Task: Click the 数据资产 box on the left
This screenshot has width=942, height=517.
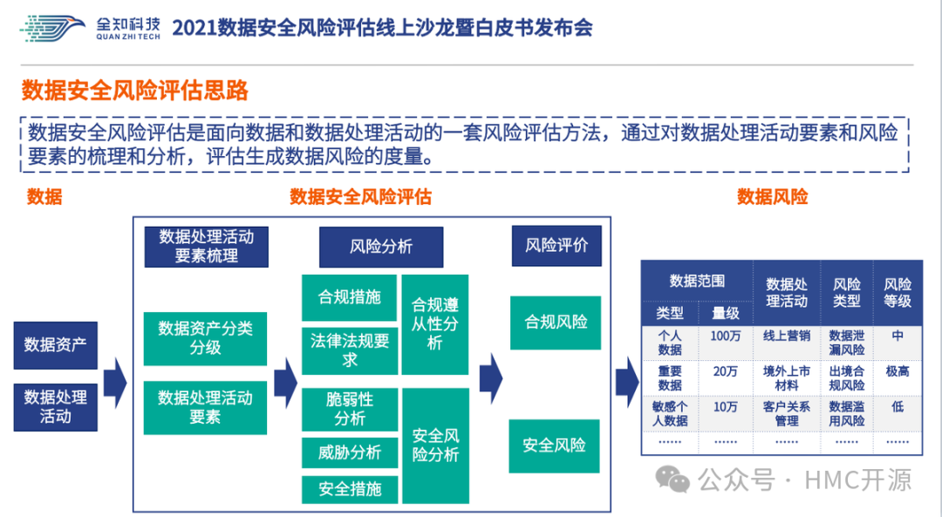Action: (x=55, y=344)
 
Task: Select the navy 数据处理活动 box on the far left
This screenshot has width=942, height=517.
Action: (x=55, y=406)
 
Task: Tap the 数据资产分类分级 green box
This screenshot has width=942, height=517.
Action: (x=205, y=338)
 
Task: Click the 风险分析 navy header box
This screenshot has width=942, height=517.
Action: (x=380, y=247)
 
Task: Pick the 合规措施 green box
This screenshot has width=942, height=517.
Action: (x=349, y=297)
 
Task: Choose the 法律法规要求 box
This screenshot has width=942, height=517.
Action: (x=349, y=350)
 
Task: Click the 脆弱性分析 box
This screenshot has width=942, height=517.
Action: (x=349, y=409)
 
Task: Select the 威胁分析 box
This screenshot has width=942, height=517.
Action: (x=349, y=452)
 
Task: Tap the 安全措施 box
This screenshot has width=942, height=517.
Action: (x=349, y=489)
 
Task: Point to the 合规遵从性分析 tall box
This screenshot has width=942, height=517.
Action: (x=435, y=324)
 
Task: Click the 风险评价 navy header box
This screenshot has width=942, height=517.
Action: (x=556, y=246)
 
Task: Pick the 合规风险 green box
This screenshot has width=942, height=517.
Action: (x=556, y=322)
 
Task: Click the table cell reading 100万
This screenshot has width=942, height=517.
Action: (x=725, y=336)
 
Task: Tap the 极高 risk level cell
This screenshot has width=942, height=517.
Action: (x=897, y=371)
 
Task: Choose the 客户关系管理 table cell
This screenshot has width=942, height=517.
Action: (x=786, y=413)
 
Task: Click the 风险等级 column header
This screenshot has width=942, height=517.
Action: (x=897, y=292)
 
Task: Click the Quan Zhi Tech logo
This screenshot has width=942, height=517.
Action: (x=91, y=29)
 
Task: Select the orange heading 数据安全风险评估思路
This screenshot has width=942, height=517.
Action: (x=135, y=91)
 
